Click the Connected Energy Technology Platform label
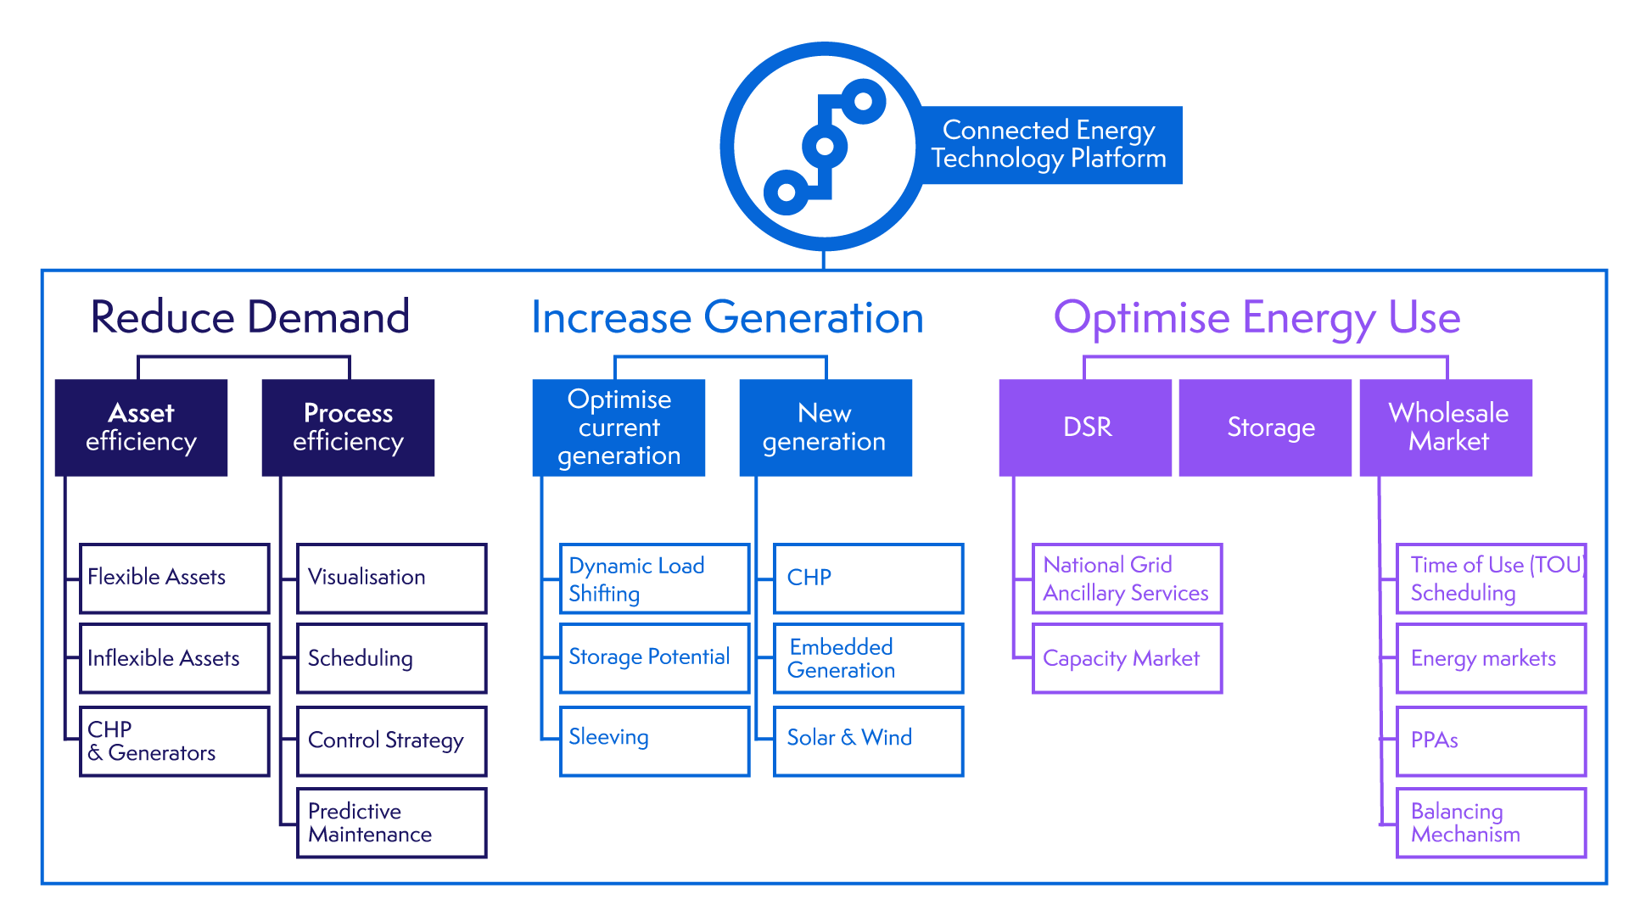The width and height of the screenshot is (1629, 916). click(x=1049, y=145)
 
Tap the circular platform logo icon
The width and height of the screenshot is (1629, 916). click(x=823, y=147)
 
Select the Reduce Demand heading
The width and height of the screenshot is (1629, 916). click(x=249, y=317)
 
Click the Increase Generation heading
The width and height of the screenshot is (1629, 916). click(x=727, y=318)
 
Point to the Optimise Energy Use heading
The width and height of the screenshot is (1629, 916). click(x=1257, y=318)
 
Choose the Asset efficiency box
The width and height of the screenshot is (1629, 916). click(x=141, y=427)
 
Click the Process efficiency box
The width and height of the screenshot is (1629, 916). click(x=348, y=427)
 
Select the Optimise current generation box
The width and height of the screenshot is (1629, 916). click(x=619, y=427)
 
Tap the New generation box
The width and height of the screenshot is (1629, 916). click(x=825, y=427)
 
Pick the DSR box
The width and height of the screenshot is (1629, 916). click(x=1086, y=427)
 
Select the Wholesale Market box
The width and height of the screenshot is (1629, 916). click(x=1447, y=427)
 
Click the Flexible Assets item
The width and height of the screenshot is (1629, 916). click(x=174, y=578)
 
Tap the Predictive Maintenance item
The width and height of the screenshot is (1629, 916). click(x=391, y=823)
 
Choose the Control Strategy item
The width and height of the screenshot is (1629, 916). click(x=391, y=740)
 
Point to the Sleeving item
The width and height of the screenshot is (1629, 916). click(x=654, y=740)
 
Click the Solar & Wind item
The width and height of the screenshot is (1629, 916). click(x=868, y=740)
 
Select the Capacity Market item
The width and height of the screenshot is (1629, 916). click(x=1127, y=658)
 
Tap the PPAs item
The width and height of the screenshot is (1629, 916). click(x=1491, y=740)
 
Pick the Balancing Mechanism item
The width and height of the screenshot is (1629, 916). click(x=1491, y=823)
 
